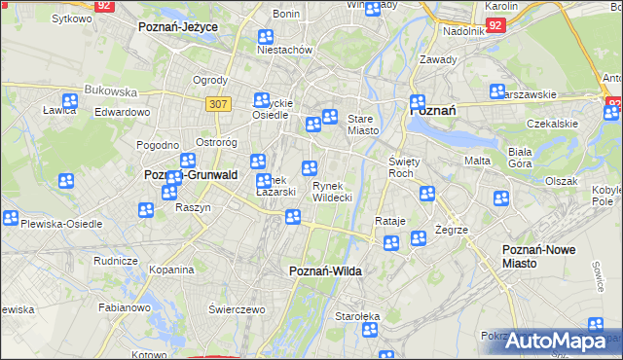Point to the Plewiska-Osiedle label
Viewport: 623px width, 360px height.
[x=61, y=223]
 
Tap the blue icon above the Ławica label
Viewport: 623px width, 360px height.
[x=69, y=99]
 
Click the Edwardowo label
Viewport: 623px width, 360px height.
[x=122, y=112]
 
